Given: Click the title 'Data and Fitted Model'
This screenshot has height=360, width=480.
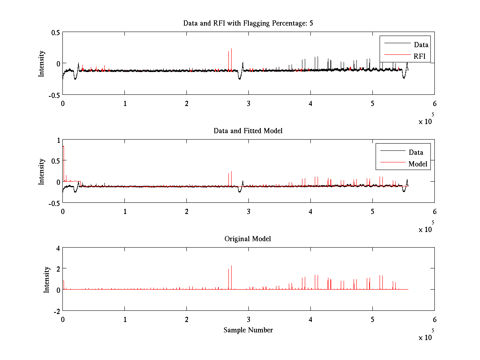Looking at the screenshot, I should pos(248,131).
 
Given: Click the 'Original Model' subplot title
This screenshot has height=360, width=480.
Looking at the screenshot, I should pos(248,239).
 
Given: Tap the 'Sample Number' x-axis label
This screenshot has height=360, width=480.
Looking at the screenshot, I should pos(248,330).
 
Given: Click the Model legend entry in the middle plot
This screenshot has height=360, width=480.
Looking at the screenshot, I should pos(418,164).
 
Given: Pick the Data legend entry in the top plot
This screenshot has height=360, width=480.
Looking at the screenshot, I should pos(421,45).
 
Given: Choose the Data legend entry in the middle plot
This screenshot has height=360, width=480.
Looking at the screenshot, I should pos(416,152).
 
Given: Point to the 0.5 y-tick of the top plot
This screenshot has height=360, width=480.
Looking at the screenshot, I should pos(55,32).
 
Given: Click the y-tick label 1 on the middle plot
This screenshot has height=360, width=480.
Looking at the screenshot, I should pos(58,140).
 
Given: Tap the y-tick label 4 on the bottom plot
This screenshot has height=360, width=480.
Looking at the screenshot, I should pos(58,248).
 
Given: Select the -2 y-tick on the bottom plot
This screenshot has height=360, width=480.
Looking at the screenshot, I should pos(56,311).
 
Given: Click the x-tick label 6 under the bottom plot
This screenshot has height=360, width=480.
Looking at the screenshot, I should pos(434,320).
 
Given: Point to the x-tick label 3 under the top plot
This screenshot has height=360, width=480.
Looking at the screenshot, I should pos(248,104).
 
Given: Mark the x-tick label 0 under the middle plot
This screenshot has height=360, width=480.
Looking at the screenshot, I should pos(63,212).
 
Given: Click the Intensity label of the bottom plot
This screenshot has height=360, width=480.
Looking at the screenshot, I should pos(47,279).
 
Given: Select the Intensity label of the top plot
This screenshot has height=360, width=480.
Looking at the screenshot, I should pos(41,64).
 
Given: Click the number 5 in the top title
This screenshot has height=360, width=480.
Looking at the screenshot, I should pos(311,23).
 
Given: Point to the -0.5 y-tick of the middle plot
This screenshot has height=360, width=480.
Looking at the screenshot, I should pos(54,203).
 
